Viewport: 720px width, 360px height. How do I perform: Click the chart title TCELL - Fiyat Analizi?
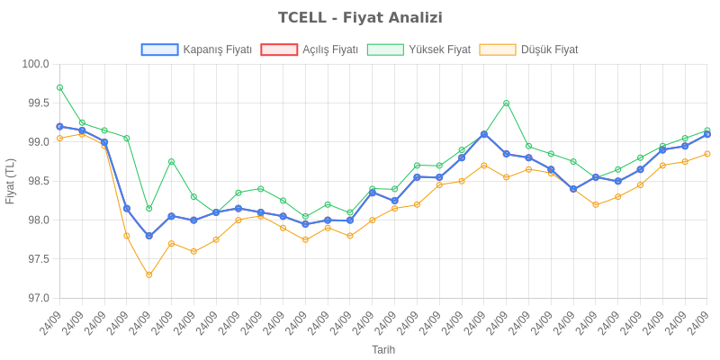(x=360, y=18)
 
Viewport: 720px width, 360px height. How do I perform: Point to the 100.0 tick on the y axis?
(x=36, y=64)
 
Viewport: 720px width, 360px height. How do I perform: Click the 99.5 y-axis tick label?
(x=36, y=103)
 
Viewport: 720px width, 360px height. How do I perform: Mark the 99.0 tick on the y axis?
(x=36, y=142)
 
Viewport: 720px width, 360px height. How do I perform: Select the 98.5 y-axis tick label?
(x=36, y=181)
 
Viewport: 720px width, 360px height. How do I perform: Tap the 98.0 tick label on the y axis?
(x=36, y=220)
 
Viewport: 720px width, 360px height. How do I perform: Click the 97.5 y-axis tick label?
(x=36, y=259)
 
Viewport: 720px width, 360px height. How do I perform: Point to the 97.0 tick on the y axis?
(x=36, y=298)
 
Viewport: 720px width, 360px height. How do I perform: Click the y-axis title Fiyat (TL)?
(x=11, y=181)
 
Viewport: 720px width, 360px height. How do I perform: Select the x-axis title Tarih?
(x=383, y=349)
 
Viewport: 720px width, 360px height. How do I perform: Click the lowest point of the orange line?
(x=149, y=274)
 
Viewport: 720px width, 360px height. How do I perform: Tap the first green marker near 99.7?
(x=59, y=87)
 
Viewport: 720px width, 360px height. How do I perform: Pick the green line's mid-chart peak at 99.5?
(x=507, y=103)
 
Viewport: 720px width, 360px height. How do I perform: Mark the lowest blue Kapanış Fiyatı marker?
(x=149, y=236)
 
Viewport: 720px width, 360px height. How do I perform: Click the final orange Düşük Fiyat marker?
(x=707, y=154)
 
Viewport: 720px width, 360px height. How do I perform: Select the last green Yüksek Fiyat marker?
(x=707, y=130)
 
